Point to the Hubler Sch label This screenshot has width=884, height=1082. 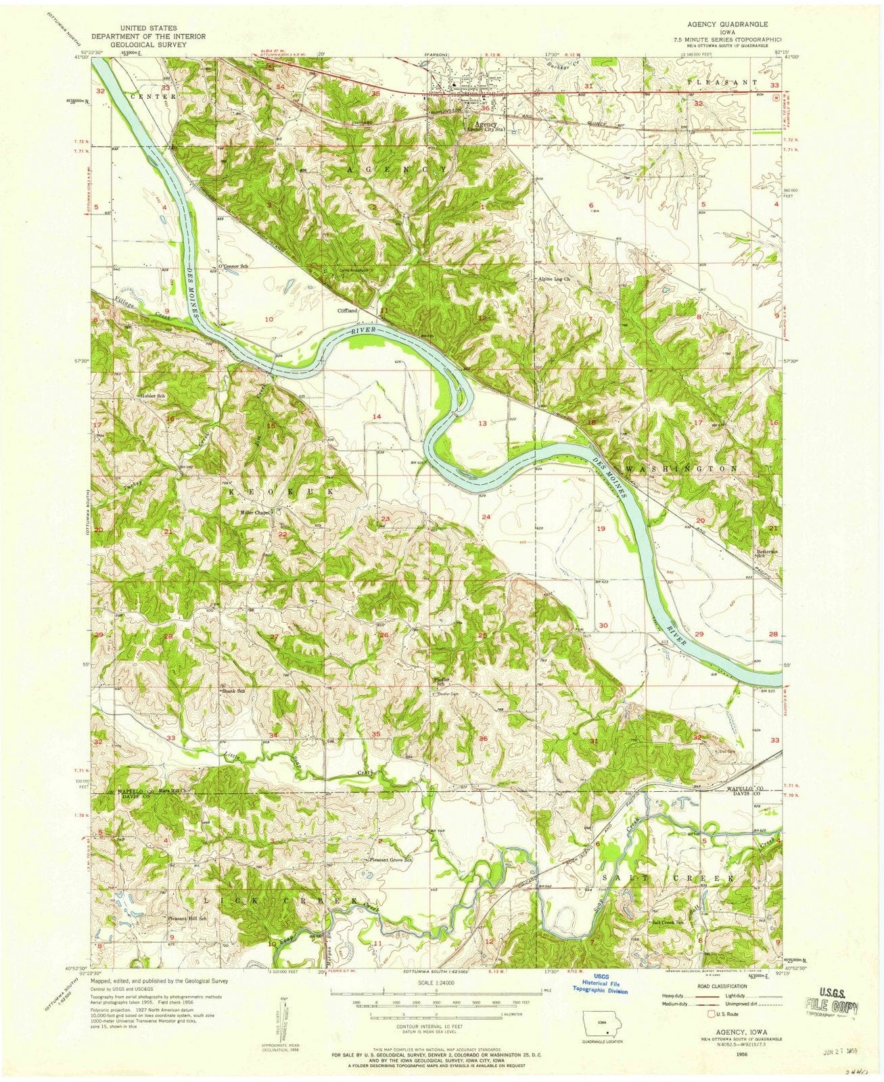tap(152, 395)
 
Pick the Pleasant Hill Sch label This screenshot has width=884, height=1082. tap(186, 919)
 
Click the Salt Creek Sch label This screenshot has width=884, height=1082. tap(666, 922)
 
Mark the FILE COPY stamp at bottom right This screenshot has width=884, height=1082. tap(831, 1007)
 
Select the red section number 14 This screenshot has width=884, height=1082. tap(376, 416)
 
